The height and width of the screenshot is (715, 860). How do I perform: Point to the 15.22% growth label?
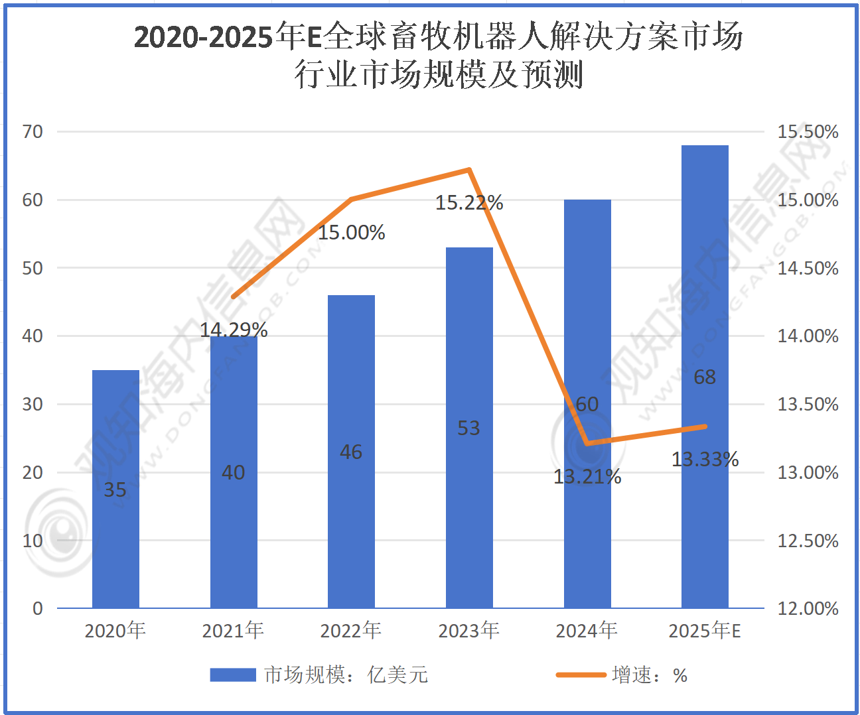469,202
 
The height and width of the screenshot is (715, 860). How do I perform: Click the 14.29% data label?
234,330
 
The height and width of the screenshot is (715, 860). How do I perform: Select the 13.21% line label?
587,476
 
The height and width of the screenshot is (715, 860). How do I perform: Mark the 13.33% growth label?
705,459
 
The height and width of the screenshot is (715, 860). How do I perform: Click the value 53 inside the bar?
468,428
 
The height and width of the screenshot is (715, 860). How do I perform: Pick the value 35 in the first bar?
115,489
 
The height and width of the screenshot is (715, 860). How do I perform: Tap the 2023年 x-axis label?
468,630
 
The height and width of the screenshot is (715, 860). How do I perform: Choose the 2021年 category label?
233,630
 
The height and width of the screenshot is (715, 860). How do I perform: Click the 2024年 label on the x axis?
587,630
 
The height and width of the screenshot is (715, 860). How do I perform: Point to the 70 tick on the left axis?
33,131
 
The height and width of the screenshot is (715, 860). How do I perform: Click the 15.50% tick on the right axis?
808,131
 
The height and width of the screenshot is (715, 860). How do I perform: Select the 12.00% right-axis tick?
808,608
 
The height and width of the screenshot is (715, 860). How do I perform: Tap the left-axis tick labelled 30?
33,404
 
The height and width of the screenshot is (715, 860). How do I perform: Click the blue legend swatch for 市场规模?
233,675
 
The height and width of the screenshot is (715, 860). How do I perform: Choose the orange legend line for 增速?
581,675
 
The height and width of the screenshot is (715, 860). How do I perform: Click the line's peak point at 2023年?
469,170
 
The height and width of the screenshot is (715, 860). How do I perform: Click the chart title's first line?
438,36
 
